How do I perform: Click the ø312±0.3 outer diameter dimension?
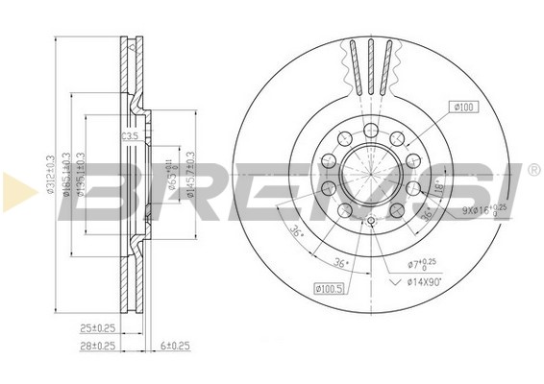tap(51, 176)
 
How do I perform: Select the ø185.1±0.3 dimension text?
tap(66, 176)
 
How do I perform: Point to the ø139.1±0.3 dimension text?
tap(81, 176)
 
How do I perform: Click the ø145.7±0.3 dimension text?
tap(191, 176)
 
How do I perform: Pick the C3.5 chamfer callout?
tap(130, 138)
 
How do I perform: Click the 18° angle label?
tap(438, 192)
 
